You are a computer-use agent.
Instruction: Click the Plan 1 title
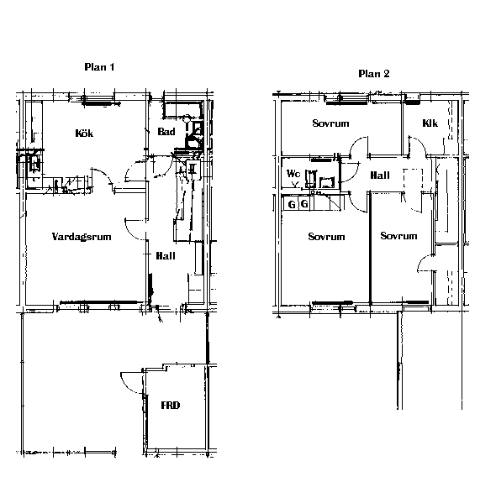coord(99,67)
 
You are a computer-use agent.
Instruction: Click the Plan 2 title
coord(374,74)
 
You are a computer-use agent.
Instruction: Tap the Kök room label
coord(84,133)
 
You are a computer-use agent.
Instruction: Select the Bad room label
coord(166,132)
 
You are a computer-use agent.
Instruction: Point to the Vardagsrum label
coord(82,237)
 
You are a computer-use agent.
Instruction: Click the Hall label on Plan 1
coord(166,256)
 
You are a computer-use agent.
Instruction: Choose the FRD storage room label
coord(171,406)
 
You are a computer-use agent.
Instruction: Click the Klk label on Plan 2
coord(430,123)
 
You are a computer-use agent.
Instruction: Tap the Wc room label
coord(293,174)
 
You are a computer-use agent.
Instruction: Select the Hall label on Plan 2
coord(380,176)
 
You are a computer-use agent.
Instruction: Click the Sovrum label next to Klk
coord(330,123)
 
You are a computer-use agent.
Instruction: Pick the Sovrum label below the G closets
coord(326,237)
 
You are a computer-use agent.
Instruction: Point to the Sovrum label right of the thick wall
coord(398,236)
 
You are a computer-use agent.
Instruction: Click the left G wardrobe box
coord(291,204)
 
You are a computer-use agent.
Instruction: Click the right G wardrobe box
coord(304,204)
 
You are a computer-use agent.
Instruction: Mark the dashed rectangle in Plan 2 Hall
coord(413,180)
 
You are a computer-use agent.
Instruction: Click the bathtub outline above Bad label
coord(182,110)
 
